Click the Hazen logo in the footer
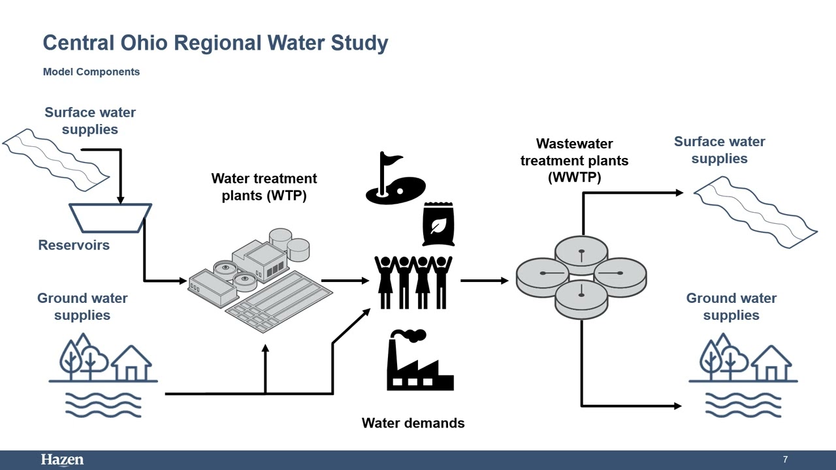62,460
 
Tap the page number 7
785,459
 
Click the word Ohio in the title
144,42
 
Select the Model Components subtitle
91,72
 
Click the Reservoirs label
74,245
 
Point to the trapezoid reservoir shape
110,218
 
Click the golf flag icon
395,178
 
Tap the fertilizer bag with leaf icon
438,224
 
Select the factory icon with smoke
420,360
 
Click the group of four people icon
413,283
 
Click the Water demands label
413,423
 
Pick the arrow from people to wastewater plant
485,281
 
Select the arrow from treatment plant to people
346,281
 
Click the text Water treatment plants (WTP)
265,187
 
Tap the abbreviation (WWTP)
574,177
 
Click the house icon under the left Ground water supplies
132,362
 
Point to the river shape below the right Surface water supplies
756,212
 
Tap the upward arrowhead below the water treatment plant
265,349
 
